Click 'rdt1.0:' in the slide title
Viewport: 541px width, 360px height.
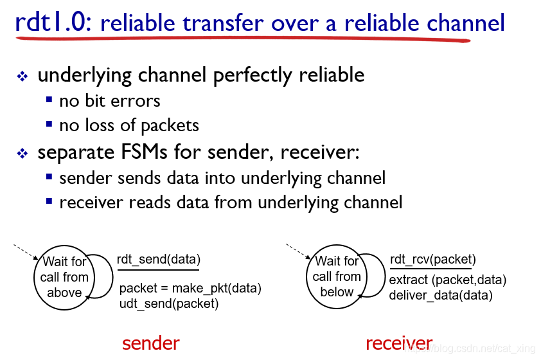coord(53,22)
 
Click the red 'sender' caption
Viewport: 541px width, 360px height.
coord(151,343)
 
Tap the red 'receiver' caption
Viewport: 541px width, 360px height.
coord(399,343)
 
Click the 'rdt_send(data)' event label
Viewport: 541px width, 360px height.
coord(159,259)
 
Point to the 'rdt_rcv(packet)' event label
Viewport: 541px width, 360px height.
coord(433,259)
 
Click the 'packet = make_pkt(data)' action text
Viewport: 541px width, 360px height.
coord(190,288)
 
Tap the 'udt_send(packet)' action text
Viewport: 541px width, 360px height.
coord(169,303)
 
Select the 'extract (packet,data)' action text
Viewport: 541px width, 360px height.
coord(448,280)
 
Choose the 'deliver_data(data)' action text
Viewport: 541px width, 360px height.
coord(441,296)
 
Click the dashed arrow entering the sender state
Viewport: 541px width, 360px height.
coord(26,252)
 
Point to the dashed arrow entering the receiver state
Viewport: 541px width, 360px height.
coord(298,251)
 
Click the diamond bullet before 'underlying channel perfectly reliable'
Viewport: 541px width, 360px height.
coord(22,76)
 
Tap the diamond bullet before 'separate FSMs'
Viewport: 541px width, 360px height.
coord(22,153)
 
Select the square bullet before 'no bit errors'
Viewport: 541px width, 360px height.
coord(49,100)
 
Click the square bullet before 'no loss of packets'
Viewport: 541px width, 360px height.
coord(49,124)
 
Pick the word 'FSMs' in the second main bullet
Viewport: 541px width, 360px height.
coord(144,152)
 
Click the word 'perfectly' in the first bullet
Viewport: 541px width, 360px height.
coord(253,76)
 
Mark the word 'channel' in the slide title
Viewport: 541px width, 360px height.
coord(466,22)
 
